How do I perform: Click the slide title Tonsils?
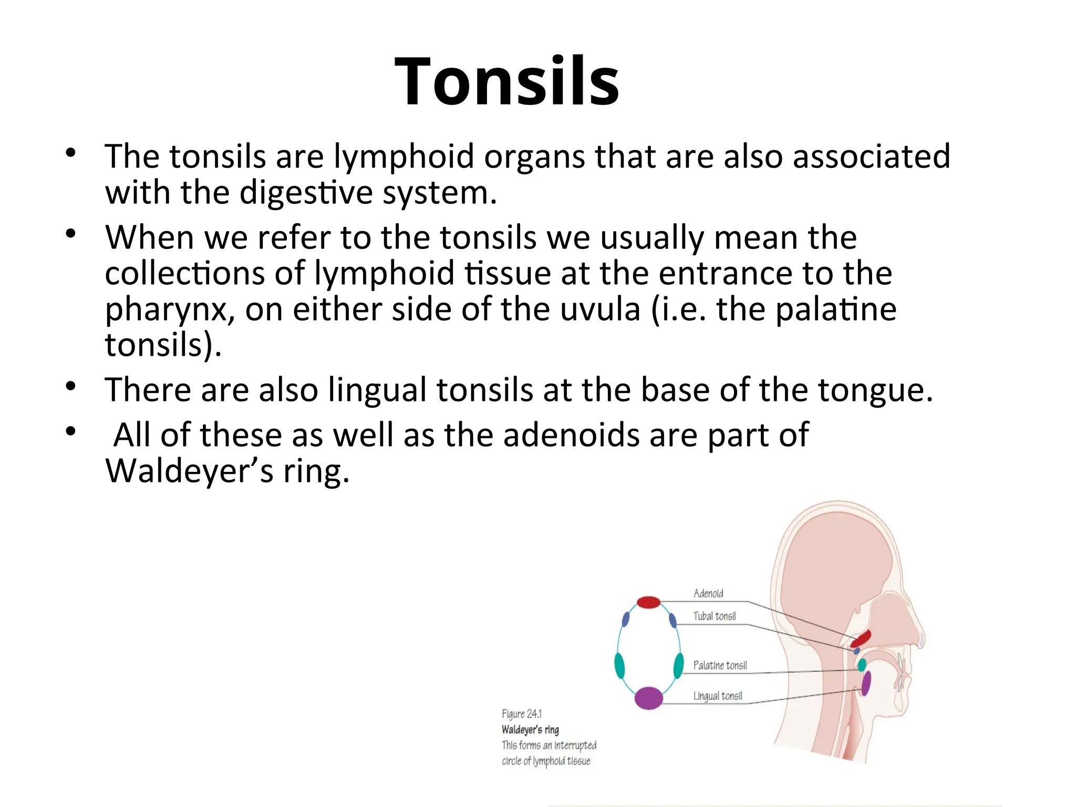[x=506, y=82]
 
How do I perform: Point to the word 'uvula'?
[x=600, y=309]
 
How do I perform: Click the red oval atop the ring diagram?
[x=648, y=602]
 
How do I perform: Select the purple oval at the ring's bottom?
[x=649, y=698]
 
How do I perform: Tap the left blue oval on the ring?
[x=625, y=620]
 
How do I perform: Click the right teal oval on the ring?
[x=678, y=666]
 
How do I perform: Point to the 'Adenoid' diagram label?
[x=708, y=594]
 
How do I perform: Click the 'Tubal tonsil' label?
[x=714, y=616]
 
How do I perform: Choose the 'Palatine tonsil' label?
[x=720, y=666]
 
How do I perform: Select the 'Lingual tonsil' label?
[x=718, y=696]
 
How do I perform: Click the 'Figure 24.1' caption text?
[x=521, y=714]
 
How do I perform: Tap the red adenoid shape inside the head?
[x=861, y=639]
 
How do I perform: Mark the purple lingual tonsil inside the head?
[x=866, y=684]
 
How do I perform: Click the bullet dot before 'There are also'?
[x=71, y=387]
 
